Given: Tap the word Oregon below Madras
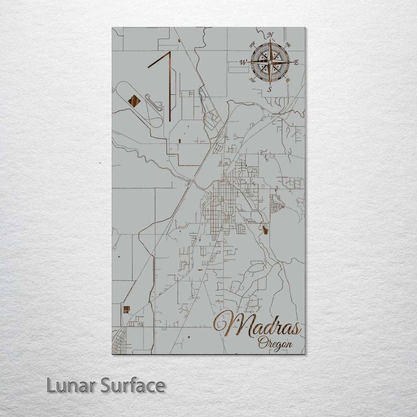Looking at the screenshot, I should pyautogui.click(x=275, y=342).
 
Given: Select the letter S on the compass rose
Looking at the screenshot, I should pyautogui.click(x=270, y=89).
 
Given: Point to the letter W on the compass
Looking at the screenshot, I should pyautogui.click(x=243, y=62).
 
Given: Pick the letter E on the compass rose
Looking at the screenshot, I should pyautogui.click(x=296, y=62).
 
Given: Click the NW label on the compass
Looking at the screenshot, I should pyautogui.click(x=253, y=45).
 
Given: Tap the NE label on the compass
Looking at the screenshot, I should pyautogui.click(x=288, y=45).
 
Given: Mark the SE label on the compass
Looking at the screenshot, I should pyautogui.click(x=288, y=80).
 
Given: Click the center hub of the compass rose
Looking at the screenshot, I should pyautogui.click(x=270, y=62).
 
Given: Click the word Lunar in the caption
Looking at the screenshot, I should pyautogui.click(x=71, y=385).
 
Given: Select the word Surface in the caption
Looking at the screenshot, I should pyautogui.click(x=133, y=385).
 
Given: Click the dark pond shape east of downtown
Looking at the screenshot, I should pyautogui.click(x=265, y=230).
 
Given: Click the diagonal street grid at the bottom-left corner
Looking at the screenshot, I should pyautogui.click(x=119, y=342).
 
